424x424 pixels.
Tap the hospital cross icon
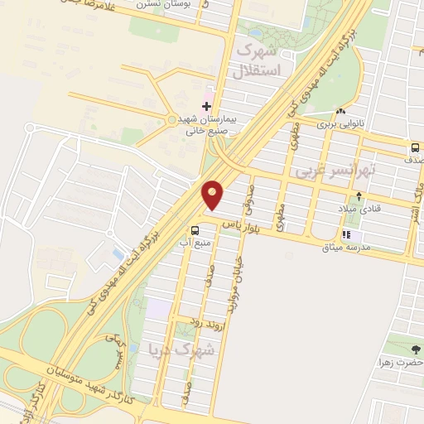tap(206, 106)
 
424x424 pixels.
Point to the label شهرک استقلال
tap(260, 60)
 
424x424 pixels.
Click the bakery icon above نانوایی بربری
tap(340, 112)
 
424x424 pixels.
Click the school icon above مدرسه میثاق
tap(345, 234)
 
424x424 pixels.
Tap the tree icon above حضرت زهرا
tap(415, 348)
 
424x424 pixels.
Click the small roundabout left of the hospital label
tap(173, 120)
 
